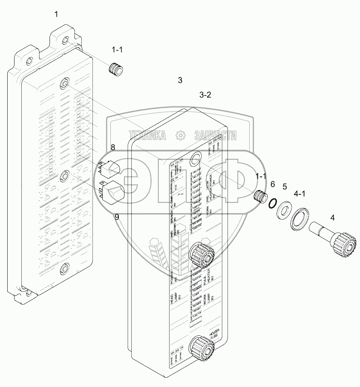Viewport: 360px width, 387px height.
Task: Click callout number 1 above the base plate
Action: click(56, 15)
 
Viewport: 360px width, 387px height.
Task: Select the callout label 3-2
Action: click(205, 95)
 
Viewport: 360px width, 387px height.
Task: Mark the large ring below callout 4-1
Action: click(300, 219)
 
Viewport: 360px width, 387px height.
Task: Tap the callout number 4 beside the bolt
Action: click(332, 218)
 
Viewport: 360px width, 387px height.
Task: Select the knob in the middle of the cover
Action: click(201, 254)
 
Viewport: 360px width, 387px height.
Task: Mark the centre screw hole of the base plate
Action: click(64, 177)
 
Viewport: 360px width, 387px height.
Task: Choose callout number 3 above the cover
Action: click(180, 80)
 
